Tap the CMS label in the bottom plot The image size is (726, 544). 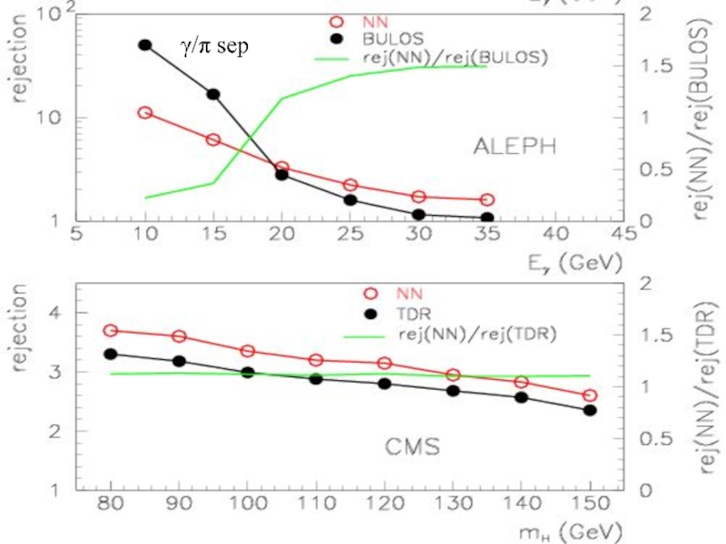pyautogui.click(x=410, y=446)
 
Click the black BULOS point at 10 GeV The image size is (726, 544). pyautogui.click(x=145, y=44)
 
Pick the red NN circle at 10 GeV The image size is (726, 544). pyautogui.click(x=145, y=112)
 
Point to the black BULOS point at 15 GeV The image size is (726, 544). pyautogui.click(x=213, y=94)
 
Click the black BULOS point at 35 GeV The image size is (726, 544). pyautogui.click(x=486, y=219)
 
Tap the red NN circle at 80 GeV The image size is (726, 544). pyautogui.click(x=111, y=331)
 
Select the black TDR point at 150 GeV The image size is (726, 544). pyautogui.click(x=590, y=411)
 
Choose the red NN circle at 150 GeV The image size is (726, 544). pyautogui.click(x=590, y=395)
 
